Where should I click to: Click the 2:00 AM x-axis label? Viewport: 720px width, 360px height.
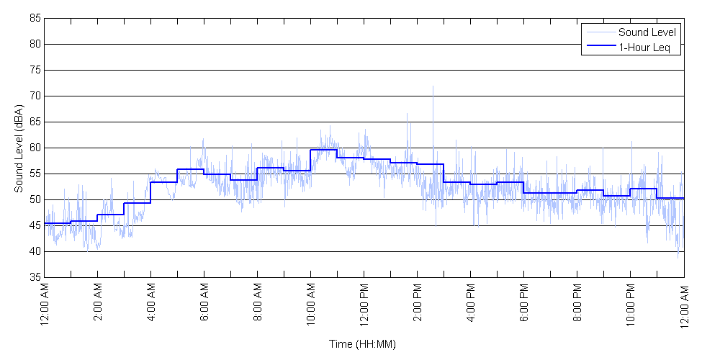point(98,305)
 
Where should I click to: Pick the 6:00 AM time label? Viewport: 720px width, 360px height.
point(204,305)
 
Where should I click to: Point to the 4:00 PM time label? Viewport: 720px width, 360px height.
point(471,305)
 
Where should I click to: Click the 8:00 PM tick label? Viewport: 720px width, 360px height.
point(577,305)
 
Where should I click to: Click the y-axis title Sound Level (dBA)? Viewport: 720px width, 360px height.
point(19,148)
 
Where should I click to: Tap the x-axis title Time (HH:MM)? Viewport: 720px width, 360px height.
point(363,344)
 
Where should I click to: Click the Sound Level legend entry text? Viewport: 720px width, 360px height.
point(647,32)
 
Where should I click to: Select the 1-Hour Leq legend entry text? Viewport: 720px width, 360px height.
point(644,48)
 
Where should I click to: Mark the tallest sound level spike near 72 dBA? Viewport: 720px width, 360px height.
point(433,87)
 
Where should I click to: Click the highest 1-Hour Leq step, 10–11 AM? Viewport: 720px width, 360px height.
point(323,150)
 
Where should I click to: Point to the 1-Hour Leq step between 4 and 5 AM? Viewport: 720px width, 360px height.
point(163,182)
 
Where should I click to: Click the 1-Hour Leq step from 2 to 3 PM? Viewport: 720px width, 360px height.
point(430,164)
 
